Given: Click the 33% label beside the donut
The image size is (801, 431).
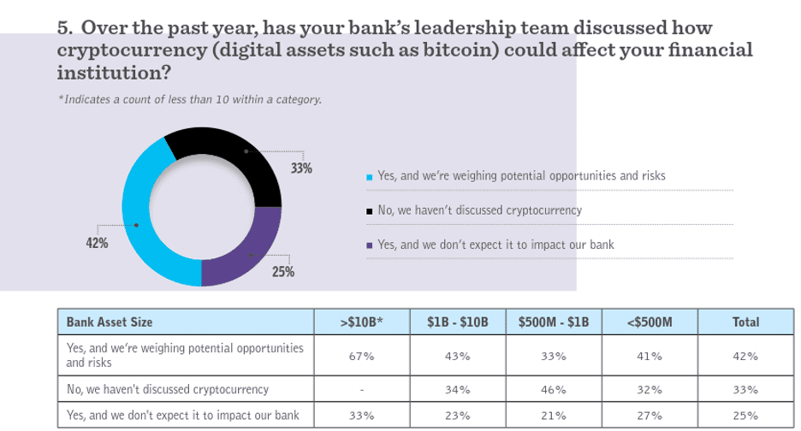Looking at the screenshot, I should (301, 168).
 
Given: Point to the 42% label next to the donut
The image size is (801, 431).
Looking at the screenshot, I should (97, 243).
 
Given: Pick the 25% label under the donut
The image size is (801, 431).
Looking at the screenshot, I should (283, 272).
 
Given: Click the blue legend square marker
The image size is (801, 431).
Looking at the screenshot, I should (369, 178).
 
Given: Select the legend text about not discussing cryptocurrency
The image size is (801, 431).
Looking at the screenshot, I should (479, 210).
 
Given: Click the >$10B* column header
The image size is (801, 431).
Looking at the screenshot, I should (361, 322).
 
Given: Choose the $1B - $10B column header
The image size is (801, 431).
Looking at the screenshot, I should (457, 322).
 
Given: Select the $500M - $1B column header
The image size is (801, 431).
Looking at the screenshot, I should (553, 322).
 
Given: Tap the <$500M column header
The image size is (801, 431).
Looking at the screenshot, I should (650, 322).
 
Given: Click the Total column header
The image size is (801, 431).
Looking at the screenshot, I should (745, 322).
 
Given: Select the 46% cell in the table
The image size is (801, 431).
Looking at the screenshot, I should (553, 390).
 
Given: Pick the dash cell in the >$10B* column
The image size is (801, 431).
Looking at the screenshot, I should (361, 390).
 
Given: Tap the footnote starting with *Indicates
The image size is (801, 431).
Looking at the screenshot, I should (190, 100).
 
